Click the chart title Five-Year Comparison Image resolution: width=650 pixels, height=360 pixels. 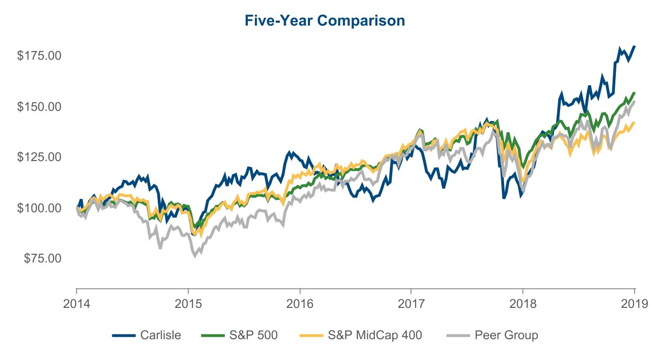(x=325, y=21)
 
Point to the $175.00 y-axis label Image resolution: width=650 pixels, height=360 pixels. (x=39, y=55)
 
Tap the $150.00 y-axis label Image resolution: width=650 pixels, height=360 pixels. (x=39, y=106)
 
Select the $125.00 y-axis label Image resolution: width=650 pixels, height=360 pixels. (x=39, y=157)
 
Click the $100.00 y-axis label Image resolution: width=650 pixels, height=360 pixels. (x=39, y=207)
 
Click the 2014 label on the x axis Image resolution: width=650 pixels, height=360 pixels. (x=76, y=304)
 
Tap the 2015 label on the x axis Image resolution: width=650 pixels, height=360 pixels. (x=188, y=304)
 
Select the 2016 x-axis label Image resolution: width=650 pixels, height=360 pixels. (x=300, y=304)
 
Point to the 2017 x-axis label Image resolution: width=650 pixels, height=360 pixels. (x=411, y=304)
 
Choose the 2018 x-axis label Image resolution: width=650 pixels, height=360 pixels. (x=523, y=304)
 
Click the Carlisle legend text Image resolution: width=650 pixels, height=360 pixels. (x=161, y=335)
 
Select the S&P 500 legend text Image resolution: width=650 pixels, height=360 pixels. (x=253, y=335)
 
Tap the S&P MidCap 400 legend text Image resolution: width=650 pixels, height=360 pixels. (x=375, y=335)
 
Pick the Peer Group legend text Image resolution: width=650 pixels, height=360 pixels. (x=506, y=335)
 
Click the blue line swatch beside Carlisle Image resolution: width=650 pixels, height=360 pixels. (x=125, y=336)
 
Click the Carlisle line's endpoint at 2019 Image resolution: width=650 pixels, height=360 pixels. (x=634, y=46)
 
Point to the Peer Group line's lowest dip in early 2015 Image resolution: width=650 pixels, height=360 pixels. (x=195, y=256)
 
